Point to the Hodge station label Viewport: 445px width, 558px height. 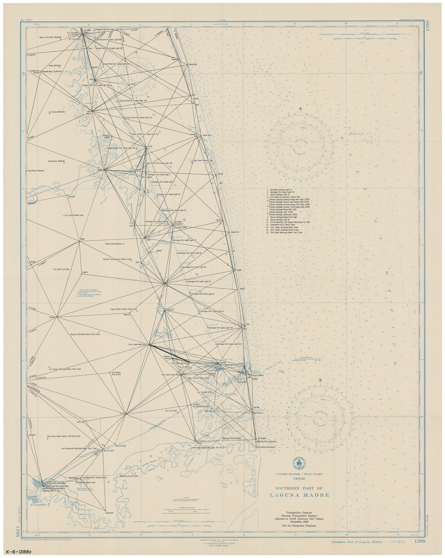(x=82, y=239)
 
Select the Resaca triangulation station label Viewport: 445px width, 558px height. (x=52, y=317)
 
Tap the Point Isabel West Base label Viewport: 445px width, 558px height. (x=137, y=344)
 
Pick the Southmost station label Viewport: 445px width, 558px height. (x=109, y=513)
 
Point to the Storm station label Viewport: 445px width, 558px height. (x=133, y=84)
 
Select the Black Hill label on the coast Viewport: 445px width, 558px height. (x=235, y=232)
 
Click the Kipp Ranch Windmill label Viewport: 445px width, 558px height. (x=36, y=170)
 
